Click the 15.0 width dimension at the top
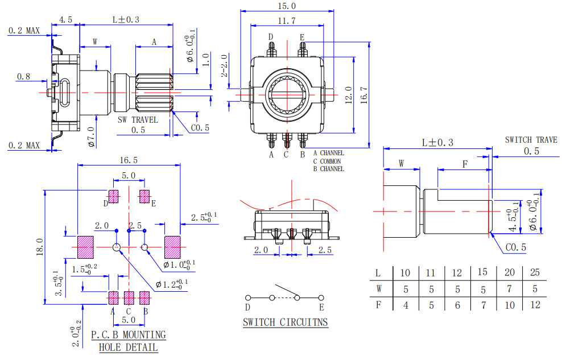click(x=287, y=6)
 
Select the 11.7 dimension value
click(x=287, y=21)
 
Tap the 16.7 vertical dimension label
click(x=364, y=95)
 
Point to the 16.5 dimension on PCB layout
click(x=129, y=160)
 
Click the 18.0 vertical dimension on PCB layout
click(x=39, y=247)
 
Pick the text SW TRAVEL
click(x=138, y=119)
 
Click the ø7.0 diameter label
click(x=92, y=136)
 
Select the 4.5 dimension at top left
click(x=65, y=19)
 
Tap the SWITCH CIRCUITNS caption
click(x=286, y=322)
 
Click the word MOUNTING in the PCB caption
click(x=144, y=335)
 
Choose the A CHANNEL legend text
click(x=329, y=153)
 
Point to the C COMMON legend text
click(x=327, y=161)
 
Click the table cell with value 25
click(x=535, y=272)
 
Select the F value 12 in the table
click(x=535, y=305)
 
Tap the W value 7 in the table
click(x=509, y=289)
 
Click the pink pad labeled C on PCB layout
click(x=129, y=297)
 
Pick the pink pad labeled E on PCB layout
click(x=144, y=196)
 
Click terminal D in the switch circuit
click(x=248, y=297)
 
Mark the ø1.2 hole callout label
click(x=172, y=284)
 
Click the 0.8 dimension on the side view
click(x=24, y=76)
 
